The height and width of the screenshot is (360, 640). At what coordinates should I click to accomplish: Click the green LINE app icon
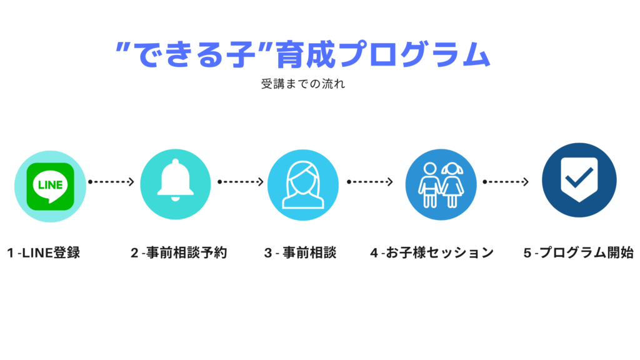click(x=50, y=186)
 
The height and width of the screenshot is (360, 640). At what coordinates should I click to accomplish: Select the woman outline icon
click(x=303, y=185)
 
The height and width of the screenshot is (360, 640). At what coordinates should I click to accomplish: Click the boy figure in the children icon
click(x=429, y=185)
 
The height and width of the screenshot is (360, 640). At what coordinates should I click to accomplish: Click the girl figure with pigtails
click(x=452, y=185)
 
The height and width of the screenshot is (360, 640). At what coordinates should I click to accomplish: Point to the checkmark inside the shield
click(x=579, y=177)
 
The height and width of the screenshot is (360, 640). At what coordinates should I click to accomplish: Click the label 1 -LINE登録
click(x=44, y=253)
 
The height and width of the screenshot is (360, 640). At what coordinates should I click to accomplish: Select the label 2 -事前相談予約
click(x=179, y=253)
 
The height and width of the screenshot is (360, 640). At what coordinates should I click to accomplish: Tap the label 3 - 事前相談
click(x=301, y=253)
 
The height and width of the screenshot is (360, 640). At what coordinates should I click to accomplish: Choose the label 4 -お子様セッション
click(x=432, y=253)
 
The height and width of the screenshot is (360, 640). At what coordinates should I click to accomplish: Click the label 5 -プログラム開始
click(x=579, y=253)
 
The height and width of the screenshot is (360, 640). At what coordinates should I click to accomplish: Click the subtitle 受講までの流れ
click(x=303, y=84)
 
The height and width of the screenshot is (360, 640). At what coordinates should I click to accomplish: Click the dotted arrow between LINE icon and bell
click(x=111, y=182)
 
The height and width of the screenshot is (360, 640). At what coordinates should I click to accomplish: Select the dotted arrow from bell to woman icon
click(x=241, y=182)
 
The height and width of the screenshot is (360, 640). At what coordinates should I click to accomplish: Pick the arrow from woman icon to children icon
click(x=370, y=182)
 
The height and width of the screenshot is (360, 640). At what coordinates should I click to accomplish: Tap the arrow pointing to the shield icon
click(x=506, y=182)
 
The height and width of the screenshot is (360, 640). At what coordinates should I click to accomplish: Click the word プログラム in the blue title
click(x=414, y=54)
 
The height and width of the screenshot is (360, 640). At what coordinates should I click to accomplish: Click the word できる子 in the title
click(x=195, y=54)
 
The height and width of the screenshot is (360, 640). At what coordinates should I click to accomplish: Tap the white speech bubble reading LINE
click(x=50, y=186)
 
